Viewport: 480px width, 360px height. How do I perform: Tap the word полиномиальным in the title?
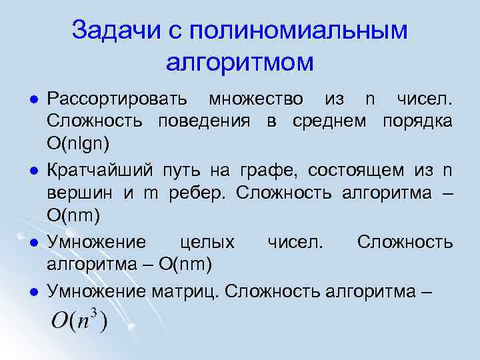[x=299, y=30]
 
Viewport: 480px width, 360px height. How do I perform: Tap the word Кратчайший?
[x=100, y=171]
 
